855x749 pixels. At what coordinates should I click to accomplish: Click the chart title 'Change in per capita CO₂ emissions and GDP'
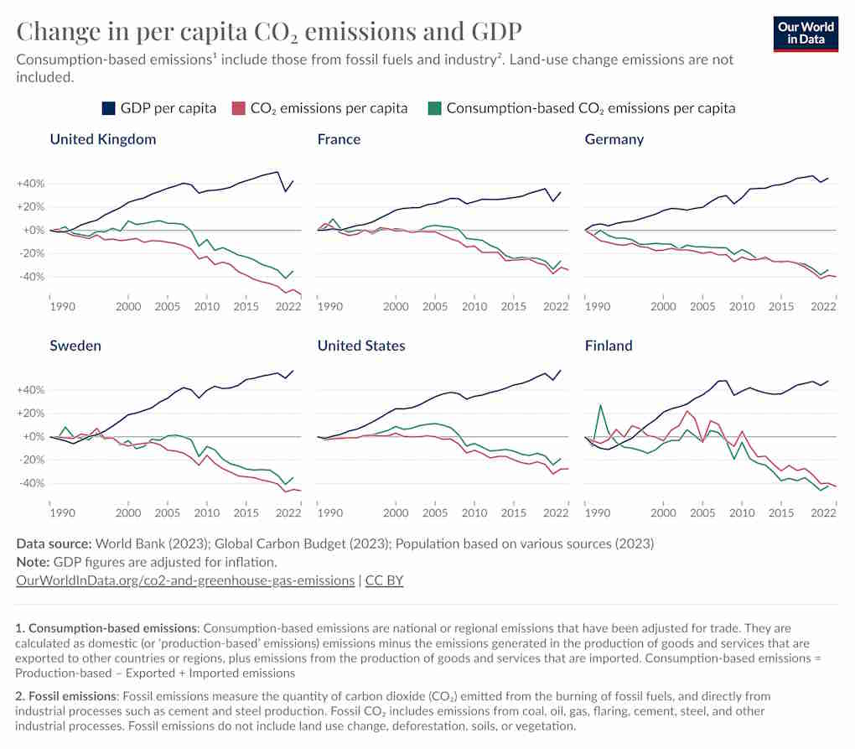(269, 31)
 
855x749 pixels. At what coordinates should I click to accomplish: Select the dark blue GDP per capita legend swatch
(108, 108)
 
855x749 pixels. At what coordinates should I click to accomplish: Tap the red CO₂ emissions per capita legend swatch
(238, 108)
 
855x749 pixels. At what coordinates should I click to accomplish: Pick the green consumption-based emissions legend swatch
(433, 108)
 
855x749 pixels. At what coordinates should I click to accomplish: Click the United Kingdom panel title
(103, 139)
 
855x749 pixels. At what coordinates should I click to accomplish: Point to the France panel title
(339, 139)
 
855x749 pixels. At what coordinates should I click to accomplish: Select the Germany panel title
(614, 139)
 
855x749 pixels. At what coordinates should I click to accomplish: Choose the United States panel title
(361, 346)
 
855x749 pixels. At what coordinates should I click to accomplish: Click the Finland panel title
(609, 346)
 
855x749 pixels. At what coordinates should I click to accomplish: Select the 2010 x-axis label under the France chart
(474, 307)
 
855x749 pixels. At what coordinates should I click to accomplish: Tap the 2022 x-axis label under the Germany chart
(823, 307)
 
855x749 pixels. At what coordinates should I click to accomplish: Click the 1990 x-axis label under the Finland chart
(597, 513)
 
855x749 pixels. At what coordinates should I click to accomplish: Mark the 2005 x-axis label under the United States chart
(435, 513)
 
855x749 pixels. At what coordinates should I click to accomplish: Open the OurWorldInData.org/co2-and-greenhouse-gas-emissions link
(185, 580)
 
